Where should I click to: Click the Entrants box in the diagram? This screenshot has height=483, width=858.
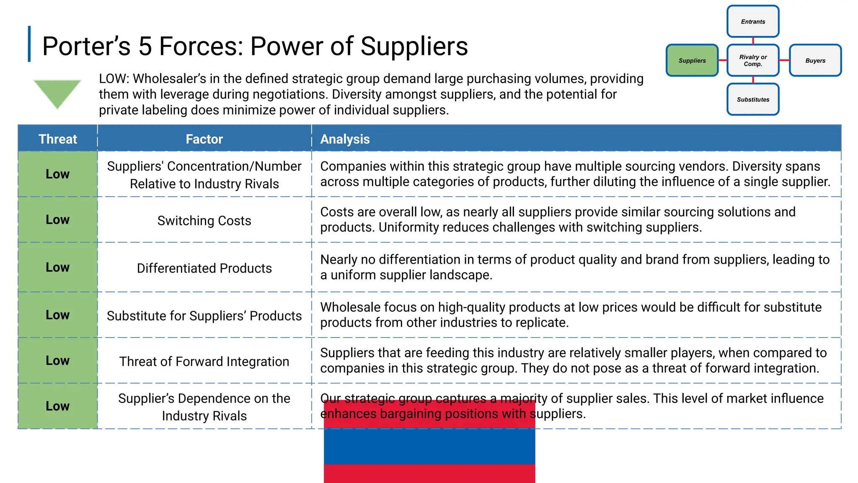[x=753, y=21]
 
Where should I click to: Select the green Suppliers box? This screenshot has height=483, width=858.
[x=692, y=60]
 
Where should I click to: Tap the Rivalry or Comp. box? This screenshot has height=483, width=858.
[x=753, y=60]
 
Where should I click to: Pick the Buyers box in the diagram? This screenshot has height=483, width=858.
[x=815, y=60]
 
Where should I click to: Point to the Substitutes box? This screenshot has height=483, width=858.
[x=753, y=99]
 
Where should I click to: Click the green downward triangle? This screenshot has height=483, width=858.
[x=57, y=92]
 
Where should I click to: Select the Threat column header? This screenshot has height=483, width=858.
[x=58, y=139]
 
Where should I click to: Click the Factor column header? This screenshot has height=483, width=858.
[x=204, y=139]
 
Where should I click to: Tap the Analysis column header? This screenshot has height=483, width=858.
[x=345, y=139]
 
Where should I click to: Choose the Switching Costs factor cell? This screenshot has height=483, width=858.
[x=204, y=221]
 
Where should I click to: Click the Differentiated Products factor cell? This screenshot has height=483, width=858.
[x=204, y=268]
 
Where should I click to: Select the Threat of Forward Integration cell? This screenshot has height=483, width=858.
[x=204, y=361]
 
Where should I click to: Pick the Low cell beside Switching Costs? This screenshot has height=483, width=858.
[x=58, y=220]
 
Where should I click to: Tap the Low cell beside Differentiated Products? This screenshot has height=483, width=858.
[x=58, y=267]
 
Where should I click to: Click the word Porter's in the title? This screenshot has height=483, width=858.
[x=86, y=46]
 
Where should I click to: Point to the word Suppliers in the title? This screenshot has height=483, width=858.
[x=414, y=46]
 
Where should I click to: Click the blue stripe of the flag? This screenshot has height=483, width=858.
[x=429, y=446]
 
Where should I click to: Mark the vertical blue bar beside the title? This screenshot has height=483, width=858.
[x=29, y=44]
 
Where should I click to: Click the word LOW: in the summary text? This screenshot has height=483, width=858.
[x=114, y=79]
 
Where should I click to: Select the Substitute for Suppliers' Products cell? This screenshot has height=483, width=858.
[x=204, y=316]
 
